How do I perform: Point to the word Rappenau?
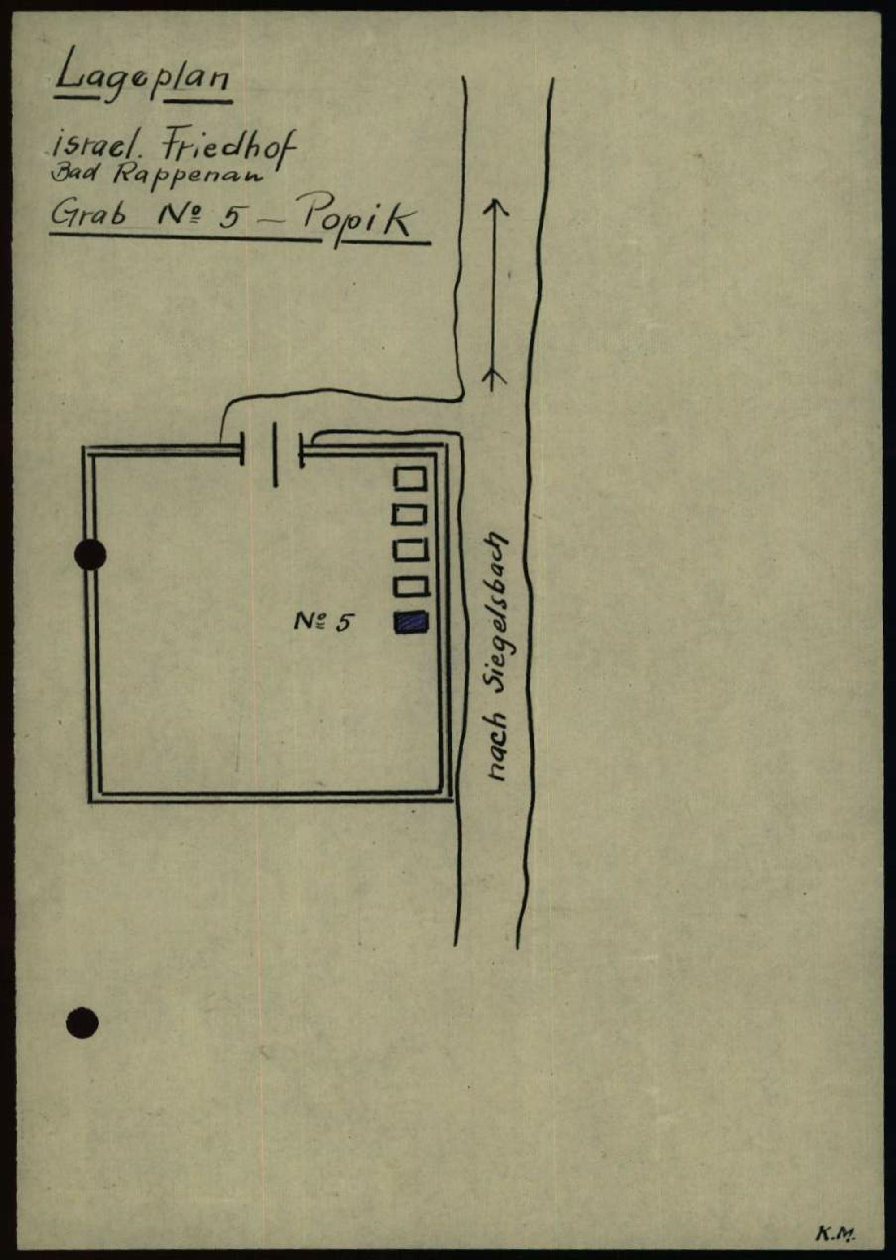tap(217, 178)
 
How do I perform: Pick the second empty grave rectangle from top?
tap(410, 515)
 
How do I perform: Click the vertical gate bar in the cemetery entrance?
tap(275, 454)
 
